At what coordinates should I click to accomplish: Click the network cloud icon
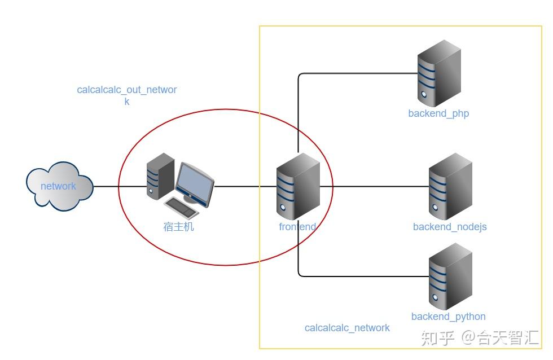tap(59, 186)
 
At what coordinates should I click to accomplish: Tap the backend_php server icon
tap(439, 73)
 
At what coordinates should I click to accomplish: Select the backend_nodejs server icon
tap(450, 187)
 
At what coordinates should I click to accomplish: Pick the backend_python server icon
tap(450, 276)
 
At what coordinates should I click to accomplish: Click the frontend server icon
tap(298, 186)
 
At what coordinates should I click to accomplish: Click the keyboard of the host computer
tap(181, 208)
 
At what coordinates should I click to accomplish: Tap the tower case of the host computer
tap(159, 175)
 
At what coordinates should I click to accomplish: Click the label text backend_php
tap(438, 113)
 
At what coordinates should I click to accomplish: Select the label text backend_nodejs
tap(450, 227)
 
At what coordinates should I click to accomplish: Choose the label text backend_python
tap(448, 317)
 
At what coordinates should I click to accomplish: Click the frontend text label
tap(297, 227)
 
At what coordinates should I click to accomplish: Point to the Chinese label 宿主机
tap(178, 227)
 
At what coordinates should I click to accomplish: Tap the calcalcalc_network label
tap(347, 328)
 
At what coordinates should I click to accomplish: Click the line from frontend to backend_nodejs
tap(372, 186)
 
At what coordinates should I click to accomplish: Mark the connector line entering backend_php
tap(361, 73)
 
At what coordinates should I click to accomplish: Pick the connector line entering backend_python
tap(361, 276)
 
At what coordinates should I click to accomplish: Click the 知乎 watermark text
tap(438, 338)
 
